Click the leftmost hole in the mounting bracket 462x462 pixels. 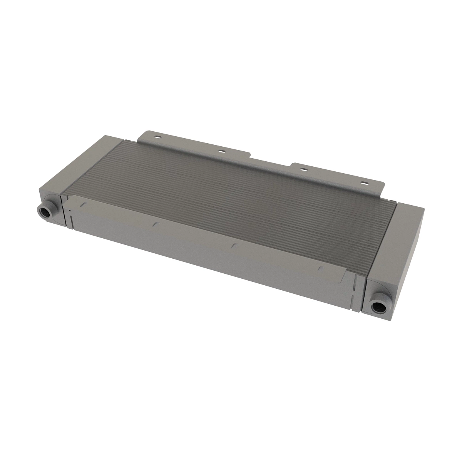pos(157,137)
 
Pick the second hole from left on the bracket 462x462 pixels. pos(221,151)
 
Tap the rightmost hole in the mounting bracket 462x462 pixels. pos(364,182)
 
